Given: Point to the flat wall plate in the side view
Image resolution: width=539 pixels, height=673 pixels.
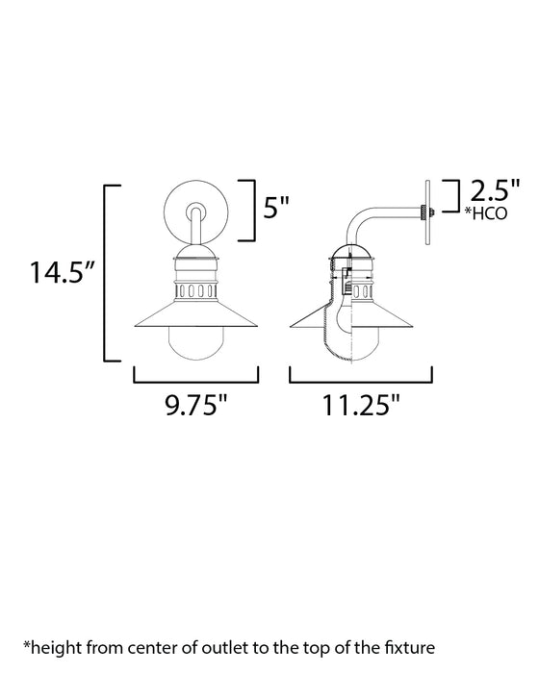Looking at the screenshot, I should pos(425,212).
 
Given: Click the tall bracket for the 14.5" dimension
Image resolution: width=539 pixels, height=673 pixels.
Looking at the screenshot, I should pos(107,272).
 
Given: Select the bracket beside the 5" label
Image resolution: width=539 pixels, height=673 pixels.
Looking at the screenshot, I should pos(249,209).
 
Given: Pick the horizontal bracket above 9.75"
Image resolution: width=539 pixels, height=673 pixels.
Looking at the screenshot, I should pos(189,376).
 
